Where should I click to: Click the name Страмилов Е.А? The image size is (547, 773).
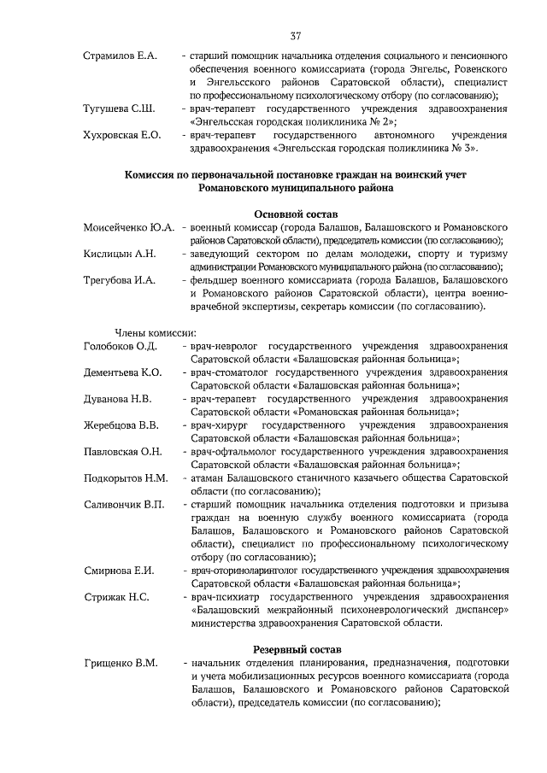coord(121,56)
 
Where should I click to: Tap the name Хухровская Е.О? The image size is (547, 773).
coord(122,135)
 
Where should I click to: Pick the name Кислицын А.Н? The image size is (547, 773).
coord(119,254)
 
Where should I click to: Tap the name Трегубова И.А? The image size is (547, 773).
coord(119,279)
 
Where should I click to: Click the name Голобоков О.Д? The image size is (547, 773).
coord(120,346)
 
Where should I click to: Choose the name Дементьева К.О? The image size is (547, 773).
coord(122,372)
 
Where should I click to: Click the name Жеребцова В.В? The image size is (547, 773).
coord(121,425)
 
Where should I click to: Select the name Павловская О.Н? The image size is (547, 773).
coord(122,451)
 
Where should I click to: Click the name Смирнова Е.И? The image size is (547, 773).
coord(118,570)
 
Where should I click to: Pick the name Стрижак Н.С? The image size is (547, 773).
coord(115,596)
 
